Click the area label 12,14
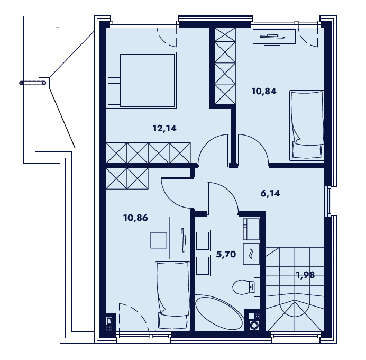click(x=164, y=128)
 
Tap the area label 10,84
click(x=264, y=91)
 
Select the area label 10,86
click(x=135, y=218)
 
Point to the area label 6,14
click(x=270, y=193)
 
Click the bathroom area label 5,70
click(x=226, y=254)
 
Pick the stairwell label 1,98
click(x=305, y=275)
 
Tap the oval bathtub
click(x=219, y=313)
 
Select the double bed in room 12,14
click(x=141, y=80)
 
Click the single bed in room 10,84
click(x=307, y=125)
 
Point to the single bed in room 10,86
click(x=172, y=296)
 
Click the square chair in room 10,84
click(x=272, y=53)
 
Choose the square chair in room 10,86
click(x=159, y=240)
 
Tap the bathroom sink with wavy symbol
click(x=251, y=254)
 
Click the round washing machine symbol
click(x=253, y=326)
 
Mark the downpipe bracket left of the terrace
click(x=33, y=83)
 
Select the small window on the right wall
click(x=329, y=201)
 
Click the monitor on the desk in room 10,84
click(x=272, y=36)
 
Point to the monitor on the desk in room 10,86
click(x=183, y=240)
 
